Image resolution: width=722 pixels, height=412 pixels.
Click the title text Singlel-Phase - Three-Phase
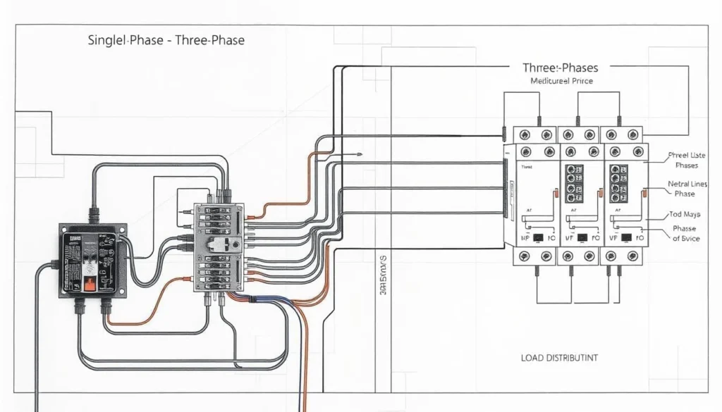click(166, 40)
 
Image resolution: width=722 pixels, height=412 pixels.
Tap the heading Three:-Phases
click(561, 68)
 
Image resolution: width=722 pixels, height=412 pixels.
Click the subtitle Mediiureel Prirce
click(561, 82)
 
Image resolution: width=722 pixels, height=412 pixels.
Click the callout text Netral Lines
click(686, 184)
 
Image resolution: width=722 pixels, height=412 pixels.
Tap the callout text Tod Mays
click(683, 214)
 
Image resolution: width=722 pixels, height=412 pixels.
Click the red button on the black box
click(90, 284)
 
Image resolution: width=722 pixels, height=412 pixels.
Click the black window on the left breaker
click(537, 238)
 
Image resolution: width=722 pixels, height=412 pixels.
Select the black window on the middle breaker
click(582, 238)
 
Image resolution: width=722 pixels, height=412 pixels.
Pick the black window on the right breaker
click(625, 238)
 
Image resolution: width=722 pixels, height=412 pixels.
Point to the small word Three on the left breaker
click(527, 168)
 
